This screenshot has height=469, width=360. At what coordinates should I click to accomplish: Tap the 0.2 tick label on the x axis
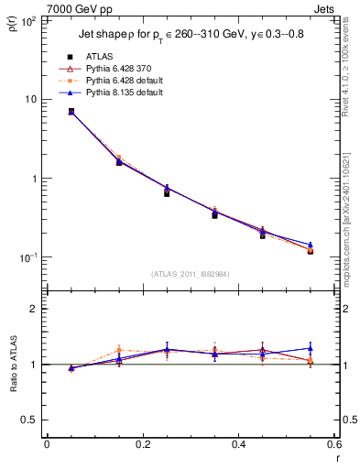point(143,444)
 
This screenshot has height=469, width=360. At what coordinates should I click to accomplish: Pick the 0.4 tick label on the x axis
point(238,444)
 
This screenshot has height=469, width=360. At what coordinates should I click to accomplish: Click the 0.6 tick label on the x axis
point(333,444)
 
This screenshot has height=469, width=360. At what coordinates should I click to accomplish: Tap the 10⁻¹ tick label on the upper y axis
point(26,257)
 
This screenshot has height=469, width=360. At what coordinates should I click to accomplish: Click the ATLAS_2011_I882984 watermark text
point(191,274)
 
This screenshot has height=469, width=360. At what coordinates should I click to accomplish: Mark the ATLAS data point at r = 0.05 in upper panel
point(71,112)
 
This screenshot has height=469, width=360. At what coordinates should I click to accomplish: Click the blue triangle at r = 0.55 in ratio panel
point(310,348)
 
